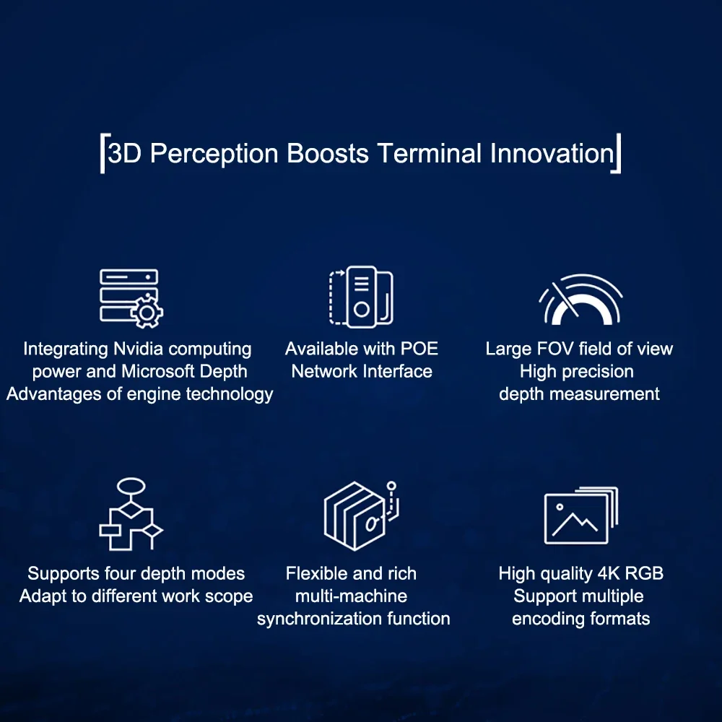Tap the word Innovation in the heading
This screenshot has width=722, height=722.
(552, 153)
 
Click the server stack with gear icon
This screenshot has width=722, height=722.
(131, 298)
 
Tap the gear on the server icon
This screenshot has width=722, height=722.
(147, 313)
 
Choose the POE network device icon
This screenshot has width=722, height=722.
(362, 297)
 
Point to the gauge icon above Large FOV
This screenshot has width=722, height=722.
(580, 300)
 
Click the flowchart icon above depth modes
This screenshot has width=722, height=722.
(131, 514)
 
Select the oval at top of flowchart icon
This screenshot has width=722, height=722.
(131, 486)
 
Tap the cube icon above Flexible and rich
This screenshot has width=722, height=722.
(361, 516)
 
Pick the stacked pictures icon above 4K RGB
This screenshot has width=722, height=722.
(581, 516)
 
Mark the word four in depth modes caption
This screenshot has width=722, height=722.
(122, 574)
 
